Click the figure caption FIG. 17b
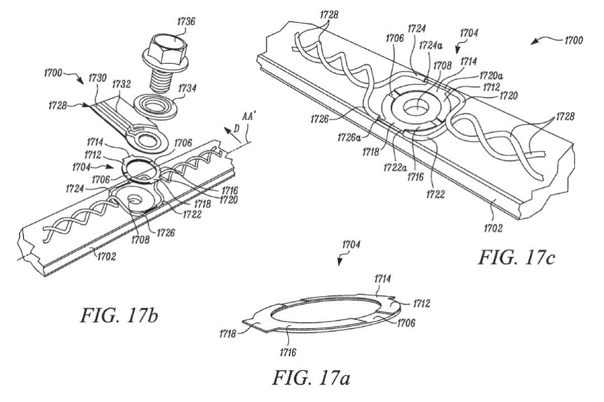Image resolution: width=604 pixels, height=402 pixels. pyautogui.click(x=120, y=315)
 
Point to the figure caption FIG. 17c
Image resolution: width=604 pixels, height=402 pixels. pyautogui.click(x=516, y=257)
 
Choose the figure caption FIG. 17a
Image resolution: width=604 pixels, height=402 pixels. pyautogui.click(x=311, y=377)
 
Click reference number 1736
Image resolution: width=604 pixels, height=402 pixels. pyautogui.click(x=186, y=21)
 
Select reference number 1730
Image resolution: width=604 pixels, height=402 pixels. pyautogui.click(x=97, y=78)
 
